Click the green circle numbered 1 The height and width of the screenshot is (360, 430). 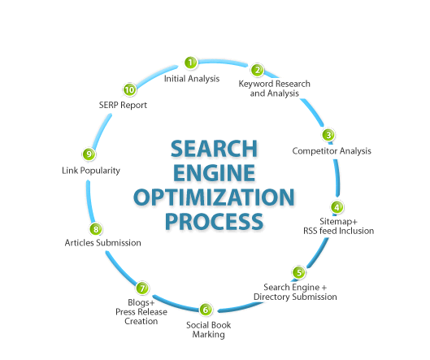pyautogui.click(x=190, y=63)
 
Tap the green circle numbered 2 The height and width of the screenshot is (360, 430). pyautogui.click(x=257, y=70)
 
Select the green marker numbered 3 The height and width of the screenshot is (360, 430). pyautogui.click(x=328, y=135)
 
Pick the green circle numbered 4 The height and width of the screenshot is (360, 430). pyautogui.click(x=337, y=207)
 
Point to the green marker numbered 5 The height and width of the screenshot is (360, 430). pyautogui.click(x=298, y=272)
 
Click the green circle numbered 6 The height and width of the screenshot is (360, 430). pyautogui.click(x=206, y=310)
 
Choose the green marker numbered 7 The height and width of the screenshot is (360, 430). pyautogui.click(x=142, y=288)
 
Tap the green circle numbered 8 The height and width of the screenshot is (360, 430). pyautogui.click(x=96, y=229)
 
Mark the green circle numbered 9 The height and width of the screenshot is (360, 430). pyautogui.click(x=89, y=154)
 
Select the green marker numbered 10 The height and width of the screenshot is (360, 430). pyautogui.click(x=129, y=89)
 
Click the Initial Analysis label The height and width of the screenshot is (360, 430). pyautogui.click(x=192, y=79)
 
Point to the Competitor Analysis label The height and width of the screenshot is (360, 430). pyautogui.click(x=332, y=151)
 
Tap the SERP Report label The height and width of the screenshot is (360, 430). pyautogui.click(x=123, y=105)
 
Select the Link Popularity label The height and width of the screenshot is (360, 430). pyautogui.click(x=91, y=171)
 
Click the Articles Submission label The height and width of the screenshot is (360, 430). pyautogui.click(x=103, y=243)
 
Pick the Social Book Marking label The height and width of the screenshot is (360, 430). pyautogui.click(x=208, y=330)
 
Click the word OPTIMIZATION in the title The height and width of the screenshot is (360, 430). pyautogui.click(x=214, y=197)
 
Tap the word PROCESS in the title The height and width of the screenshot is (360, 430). pyautogui.click(x=214, y=221)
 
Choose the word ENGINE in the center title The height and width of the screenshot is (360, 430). pyautogui.click(x=214, y=173)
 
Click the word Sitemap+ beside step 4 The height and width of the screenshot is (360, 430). pyautogui.click(x=338, y=221)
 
